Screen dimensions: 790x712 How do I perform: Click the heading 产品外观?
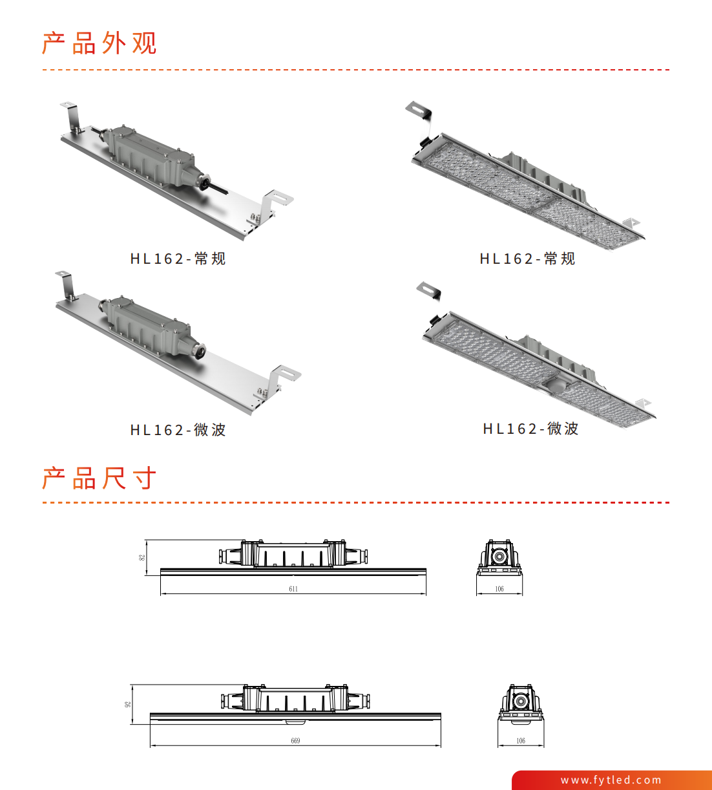click(x=99, y=43)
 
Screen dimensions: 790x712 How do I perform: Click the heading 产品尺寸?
click(x=99, y=478)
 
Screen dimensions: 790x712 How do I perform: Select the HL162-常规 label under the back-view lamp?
click(x=178, y=259)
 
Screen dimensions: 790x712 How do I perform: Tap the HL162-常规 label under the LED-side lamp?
click(x=527, y=259)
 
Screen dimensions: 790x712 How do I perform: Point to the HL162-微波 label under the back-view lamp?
click(x=178, y=430)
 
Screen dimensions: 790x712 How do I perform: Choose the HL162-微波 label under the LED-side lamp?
click(x=530, y=429)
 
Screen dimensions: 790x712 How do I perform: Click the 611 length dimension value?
click(x=293, y=589)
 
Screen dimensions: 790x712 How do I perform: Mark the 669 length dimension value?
click(x=295, y=741)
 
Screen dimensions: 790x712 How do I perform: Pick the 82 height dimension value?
click(x=142, y=557)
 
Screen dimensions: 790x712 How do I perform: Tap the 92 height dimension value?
click(x=128, y=704)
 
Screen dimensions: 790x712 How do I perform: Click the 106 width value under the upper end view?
click(x=499, y=589)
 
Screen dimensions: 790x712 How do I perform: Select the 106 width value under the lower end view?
click(x=521, y=741)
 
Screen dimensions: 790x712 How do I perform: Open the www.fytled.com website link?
click(x=611, y=780)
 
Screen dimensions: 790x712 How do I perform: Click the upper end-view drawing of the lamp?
click(x=499, y=557)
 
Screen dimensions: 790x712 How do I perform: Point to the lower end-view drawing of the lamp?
click(x=520, y=703)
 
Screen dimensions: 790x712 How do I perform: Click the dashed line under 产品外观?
click(x=355, y=70)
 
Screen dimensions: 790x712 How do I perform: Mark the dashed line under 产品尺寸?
click(x=355, y=502)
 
